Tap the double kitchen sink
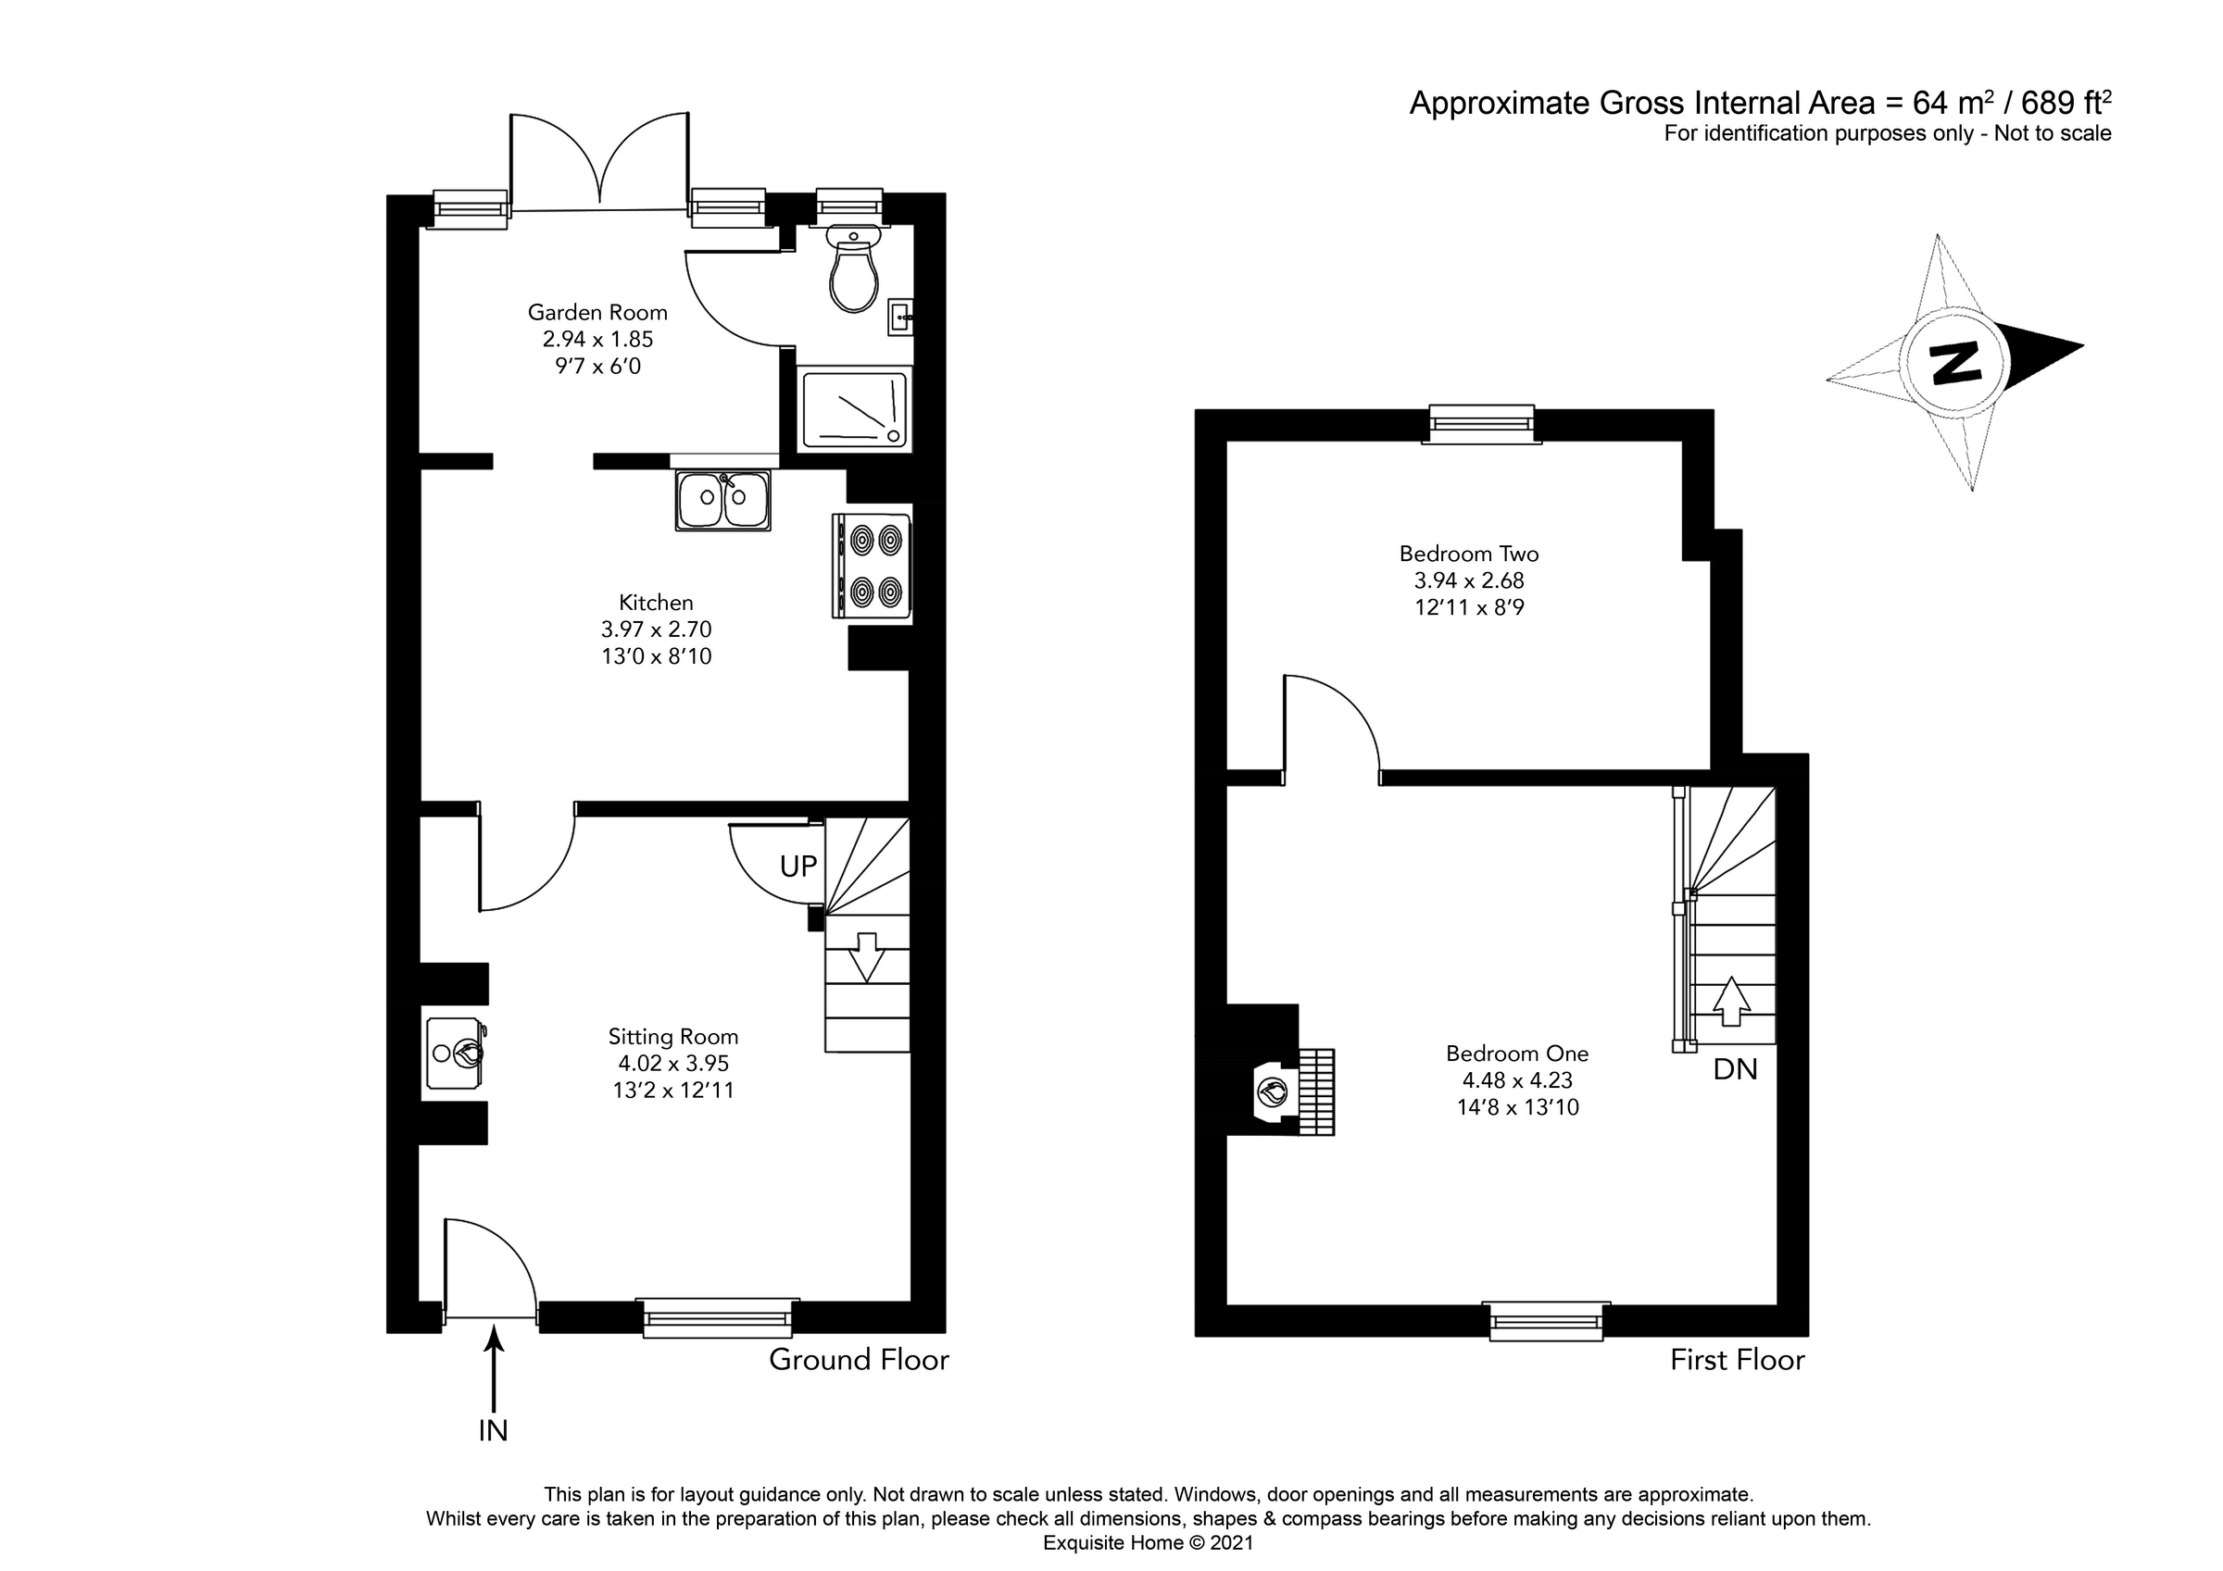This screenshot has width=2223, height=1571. pyautogui.click(x=723, y=500)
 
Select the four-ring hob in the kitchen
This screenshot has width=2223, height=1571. pyautogui.click(x=872, y=567)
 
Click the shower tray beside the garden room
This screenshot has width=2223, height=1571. pyautogui.click(x=854, y=407)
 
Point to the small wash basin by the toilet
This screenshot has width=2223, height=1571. pyautogui.click(x=900, y=317)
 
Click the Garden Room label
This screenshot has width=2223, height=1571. pyautogui.click(x=597, y=313)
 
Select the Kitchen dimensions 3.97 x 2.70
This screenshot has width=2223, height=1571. pyautogui.click(x=656, y=630)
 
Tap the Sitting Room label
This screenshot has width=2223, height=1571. pyautogui.click(x=672, y=1037)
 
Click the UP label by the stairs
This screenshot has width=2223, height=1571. pyautogui.click(x=798, y=867)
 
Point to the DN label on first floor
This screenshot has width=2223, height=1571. pyautogui.click(x=1735, y=1069)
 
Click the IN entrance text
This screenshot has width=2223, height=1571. pyautogui.click(x=493, y=1430)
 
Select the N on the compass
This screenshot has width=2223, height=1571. pyautogui.click(x=1954, y=363)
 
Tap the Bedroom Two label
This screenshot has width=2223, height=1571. pyautogui.click(x=1469, y=554)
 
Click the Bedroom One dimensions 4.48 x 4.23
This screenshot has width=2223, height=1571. pyautogui.click(x=1517, y=1080)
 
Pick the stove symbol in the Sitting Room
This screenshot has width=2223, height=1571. pyautogui.click(x=455, y=1054)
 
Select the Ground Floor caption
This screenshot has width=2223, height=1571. pyautogui.click(x=859, y=1360)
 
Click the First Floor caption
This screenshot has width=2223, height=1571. pyautogui.click(x=1737, y=1360)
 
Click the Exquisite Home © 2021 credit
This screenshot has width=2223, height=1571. pyautogui.click(x=1148, y=1543)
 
